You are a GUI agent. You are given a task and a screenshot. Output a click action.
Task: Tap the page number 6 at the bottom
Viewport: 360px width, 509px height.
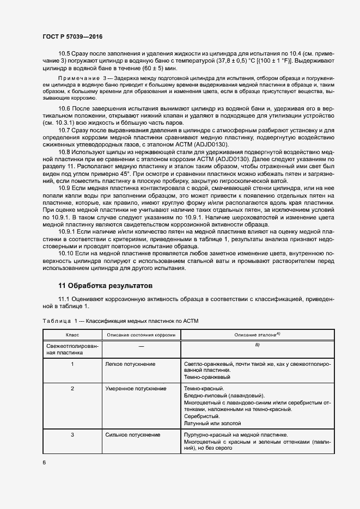click(x=44, y=463)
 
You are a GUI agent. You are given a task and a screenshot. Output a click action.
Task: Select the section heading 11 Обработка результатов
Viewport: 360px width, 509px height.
click(x=106, y=286)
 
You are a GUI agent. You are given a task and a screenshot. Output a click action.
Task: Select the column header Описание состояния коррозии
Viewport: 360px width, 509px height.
click(x=141, y=335)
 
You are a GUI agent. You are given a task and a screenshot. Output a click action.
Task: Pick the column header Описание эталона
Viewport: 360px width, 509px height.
click(x=256, y=335)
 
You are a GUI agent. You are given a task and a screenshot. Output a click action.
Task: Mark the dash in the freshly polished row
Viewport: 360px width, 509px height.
click(x=141, y=346)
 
